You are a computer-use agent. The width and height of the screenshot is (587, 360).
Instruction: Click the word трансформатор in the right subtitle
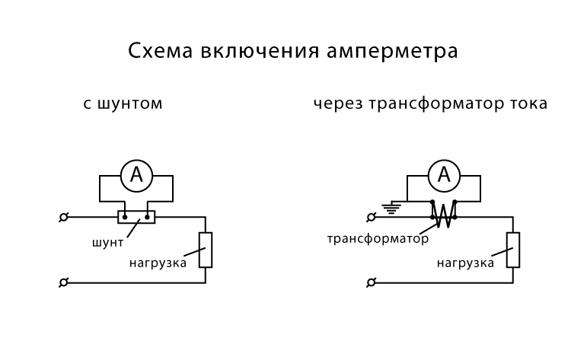(x=431, y=104)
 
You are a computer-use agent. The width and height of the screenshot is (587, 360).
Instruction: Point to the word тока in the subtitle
(x=527, y=104)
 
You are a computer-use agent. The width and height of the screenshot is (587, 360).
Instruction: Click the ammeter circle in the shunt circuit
(x=136, y=177)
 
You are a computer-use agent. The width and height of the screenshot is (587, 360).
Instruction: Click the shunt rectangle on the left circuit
(x=136, y=217)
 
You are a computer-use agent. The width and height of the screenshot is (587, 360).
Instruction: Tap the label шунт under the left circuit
(x=107, y=244)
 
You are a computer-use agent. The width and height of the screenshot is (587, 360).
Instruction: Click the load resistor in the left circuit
(x=206, y=250)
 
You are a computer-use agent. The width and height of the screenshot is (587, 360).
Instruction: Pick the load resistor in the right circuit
(x=513, y=250)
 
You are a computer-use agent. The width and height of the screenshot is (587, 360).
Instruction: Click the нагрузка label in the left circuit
(x=158, y=263)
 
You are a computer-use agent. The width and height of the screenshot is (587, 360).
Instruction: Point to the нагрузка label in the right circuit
(x=465, y=263)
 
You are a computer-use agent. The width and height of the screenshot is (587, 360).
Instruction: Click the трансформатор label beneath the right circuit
(x=378, y=238)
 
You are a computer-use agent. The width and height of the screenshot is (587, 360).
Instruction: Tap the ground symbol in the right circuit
(x=392, y=205)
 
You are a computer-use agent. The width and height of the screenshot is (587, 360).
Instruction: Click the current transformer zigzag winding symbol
(x=444, y=215)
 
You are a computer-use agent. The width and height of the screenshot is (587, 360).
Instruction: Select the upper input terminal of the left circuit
(x=64, y=217)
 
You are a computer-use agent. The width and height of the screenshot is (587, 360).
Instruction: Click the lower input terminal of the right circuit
(x=372, y=282)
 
